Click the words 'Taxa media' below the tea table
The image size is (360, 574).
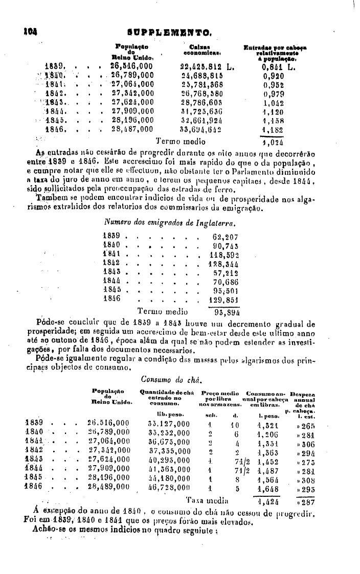(x=203, y=500)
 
